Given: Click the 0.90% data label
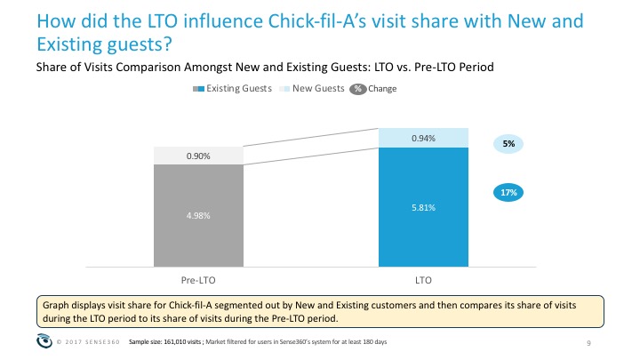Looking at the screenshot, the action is (x=198, y=156).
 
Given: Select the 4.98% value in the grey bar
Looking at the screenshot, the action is (x=198, y=215).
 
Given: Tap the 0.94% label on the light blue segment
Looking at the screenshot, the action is (x=423, y=139).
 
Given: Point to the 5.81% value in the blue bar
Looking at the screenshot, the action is (x=423, y=208).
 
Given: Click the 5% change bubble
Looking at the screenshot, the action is (x=508, y=144).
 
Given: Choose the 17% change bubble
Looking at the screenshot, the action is (x=508, y=193).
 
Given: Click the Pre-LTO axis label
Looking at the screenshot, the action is (x=198, y=280).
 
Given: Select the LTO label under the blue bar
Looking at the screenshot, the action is (x=423, y=280).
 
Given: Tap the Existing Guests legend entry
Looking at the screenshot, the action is (x=232, y=89).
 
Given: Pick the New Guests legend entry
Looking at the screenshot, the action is (x=312, y=89).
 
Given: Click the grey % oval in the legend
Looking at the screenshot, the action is (x=358, y=89).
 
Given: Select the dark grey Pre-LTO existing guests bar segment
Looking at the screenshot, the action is (x=198, y=215).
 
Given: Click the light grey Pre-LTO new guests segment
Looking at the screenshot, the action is (x=198, y=156).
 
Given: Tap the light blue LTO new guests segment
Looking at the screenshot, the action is (x=423, y=138).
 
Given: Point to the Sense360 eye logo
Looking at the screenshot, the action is (x=44, y=340).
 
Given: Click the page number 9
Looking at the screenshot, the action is (x=588, y=343).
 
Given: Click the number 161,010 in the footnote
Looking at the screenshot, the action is (x=175, y=342).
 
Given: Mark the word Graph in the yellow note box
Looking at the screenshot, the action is (x=56, y=305).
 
